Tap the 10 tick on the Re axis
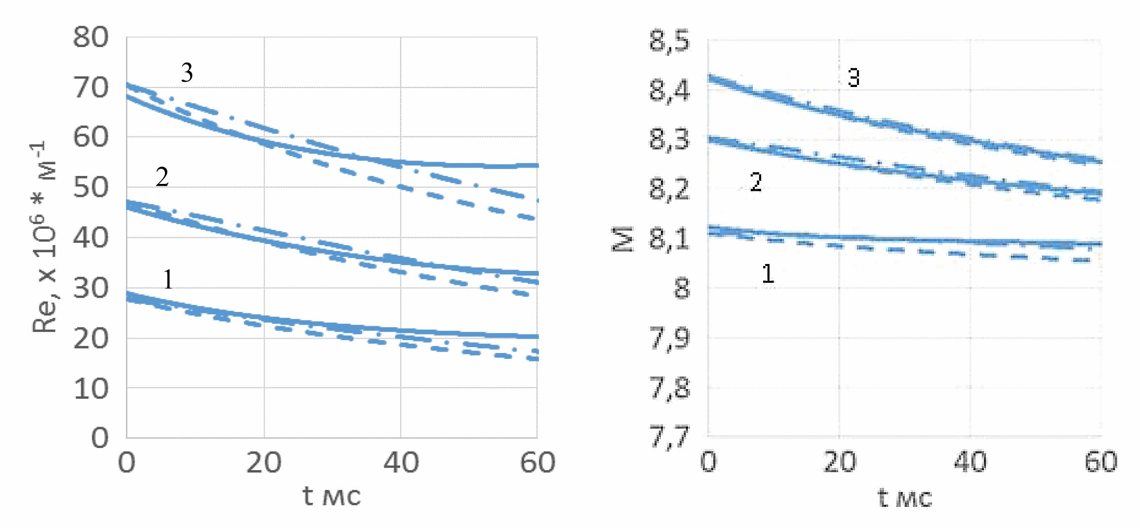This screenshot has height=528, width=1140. coord(91,389)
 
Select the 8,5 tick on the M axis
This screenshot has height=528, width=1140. coord(669,41)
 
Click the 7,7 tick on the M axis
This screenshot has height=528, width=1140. coord(669,437)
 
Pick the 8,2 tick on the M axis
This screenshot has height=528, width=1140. coord(669,189)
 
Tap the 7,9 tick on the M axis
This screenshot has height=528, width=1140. coord(669,339)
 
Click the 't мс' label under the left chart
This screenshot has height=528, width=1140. coord(331,496)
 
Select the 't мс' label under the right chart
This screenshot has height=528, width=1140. coord(904,497)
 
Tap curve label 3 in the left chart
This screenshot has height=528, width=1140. coord(187,73)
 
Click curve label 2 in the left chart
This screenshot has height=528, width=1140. coord(162,177)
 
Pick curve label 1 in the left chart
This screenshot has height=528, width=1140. coord(168,279)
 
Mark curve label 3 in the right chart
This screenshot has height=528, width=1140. coord(854,78)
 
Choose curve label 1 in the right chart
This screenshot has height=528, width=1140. coord(768,274)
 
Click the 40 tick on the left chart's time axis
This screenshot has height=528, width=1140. coord(401,463)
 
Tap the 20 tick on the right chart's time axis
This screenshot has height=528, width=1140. coord(839,462)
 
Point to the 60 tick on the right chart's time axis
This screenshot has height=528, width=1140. coord(1101,462)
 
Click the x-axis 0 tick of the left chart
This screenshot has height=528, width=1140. coord(126,463)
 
